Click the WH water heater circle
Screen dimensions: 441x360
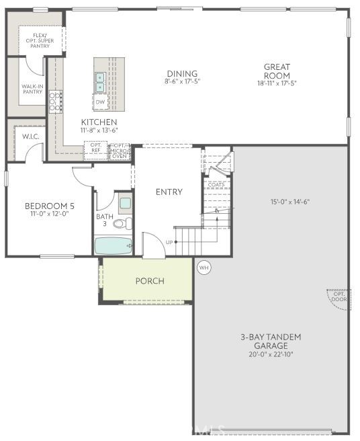(204, 268)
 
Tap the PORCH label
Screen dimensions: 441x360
(150, 280)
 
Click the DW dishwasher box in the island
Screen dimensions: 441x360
(100, 102)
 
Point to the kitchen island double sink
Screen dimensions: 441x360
(100, 82)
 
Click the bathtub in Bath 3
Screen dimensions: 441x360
(113, 246)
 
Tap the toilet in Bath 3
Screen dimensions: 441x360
(122, 223)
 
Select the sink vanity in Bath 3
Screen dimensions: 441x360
(125, 202)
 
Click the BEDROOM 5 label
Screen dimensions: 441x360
(50, 206)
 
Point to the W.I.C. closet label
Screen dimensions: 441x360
(30, 136)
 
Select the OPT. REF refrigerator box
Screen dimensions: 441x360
(95, 149)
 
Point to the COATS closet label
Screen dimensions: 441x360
(216, 184)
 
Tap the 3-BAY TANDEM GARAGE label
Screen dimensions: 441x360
(272, 341)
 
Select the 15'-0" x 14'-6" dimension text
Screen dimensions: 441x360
(289, 202)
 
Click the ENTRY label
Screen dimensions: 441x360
(169, 192)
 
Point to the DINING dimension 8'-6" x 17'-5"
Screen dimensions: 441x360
(182, 81)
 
